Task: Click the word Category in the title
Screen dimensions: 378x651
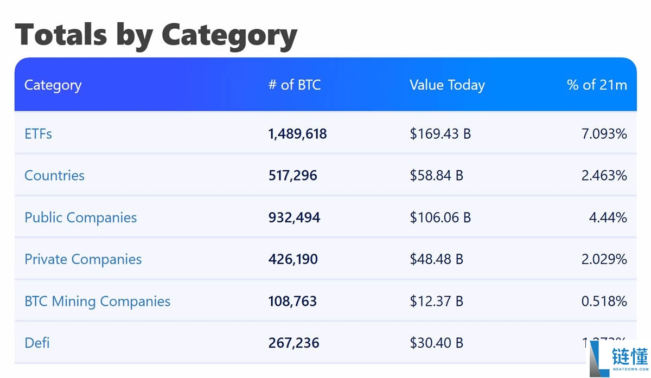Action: click(x=229, y=35)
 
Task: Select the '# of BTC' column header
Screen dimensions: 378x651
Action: click(x=295, y=85)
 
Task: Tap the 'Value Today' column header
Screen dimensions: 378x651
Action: click(x=447, y=85)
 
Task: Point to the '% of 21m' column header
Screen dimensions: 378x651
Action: click(x=597, y=85)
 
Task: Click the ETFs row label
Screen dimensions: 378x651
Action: click(x=39, y=134)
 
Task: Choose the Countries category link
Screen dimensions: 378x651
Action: click(x=54, y=176)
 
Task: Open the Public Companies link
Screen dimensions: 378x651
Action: click(x=81, y=217)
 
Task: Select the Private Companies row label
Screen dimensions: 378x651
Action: click(x=83, y=259)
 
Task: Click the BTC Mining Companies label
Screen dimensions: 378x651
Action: click(x=98, y=301)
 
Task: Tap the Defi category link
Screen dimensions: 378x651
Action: click(x=37, y=343)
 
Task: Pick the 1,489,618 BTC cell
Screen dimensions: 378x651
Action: click(x=297, y=134)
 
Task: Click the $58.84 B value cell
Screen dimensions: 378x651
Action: click(x=436, y=176)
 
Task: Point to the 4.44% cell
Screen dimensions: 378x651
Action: click(x=608, y=217)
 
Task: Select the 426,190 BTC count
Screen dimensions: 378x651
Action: click(x=293, y=259)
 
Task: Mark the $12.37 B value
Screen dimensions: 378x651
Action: click(x=436, y=301)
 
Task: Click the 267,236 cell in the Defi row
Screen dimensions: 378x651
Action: click(x=293, y=343)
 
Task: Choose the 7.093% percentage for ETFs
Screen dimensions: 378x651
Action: click(x=604, y=134)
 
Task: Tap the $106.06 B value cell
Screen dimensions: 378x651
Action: click(x=440, y=217)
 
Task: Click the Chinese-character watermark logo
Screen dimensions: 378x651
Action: click(x=629, y=356)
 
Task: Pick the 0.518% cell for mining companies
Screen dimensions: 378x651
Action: click(x=604, y=301)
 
